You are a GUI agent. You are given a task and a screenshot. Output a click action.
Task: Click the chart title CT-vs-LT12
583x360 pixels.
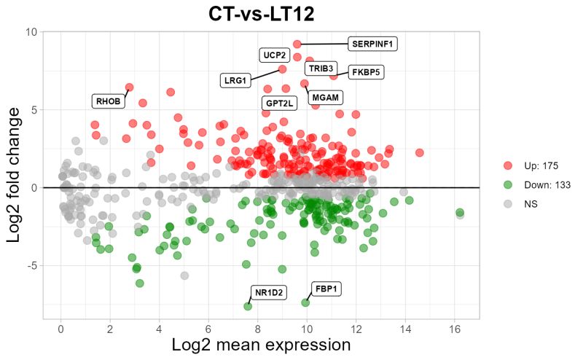click(x=261, y=14)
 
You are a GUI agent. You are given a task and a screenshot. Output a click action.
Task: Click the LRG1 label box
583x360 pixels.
click(x=235, y=79)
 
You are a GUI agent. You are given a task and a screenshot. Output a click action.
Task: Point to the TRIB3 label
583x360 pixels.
click(x=321, y=69)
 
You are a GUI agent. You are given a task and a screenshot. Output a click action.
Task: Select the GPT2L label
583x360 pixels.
click(x=279, y=103)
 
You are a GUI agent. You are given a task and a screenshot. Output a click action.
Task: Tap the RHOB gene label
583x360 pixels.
click(x=108, y=101)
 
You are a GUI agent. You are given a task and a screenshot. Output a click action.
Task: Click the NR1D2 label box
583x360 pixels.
click(x=269, y=293)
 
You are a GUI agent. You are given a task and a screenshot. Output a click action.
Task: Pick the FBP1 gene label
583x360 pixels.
click(x=326, y=289)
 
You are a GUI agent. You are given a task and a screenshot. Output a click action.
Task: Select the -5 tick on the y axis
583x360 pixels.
click(x=32, y=265)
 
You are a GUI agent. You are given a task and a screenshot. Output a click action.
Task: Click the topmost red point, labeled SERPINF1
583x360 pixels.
click(x=297, y=44)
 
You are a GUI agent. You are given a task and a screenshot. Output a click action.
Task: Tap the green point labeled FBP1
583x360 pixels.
click(x=306, y=302)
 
